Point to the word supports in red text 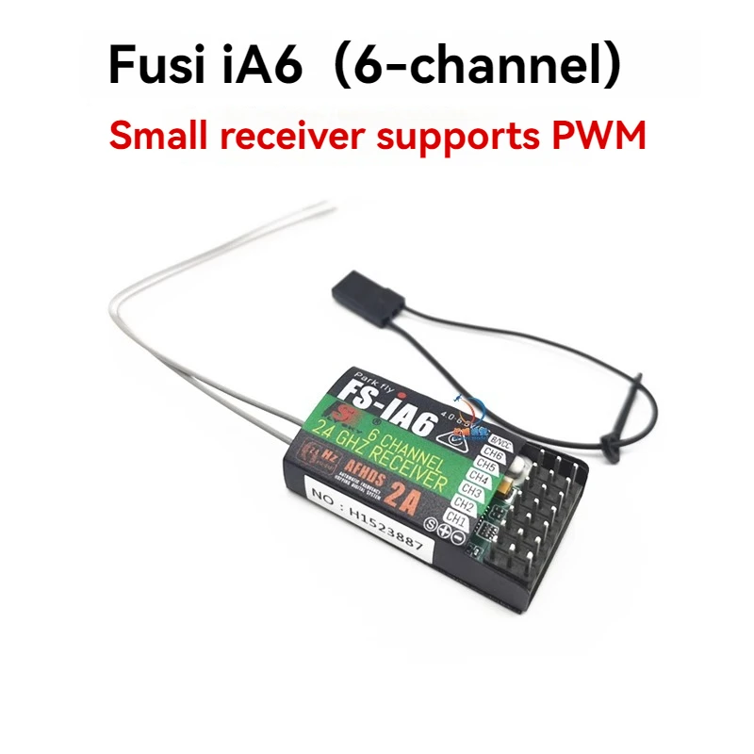coord(454,137)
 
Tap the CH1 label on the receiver coord(456,516)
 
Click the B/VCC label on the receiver coord(502,440)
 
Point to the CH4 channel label coord(478,479)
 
